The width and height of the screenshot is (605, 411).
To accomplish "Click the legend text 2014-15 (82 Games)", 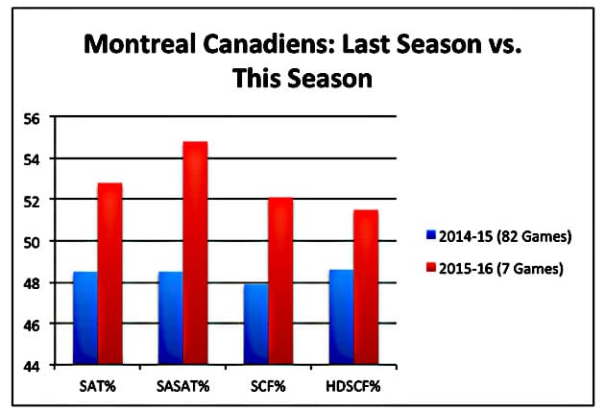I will click(x=497, y=234).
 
